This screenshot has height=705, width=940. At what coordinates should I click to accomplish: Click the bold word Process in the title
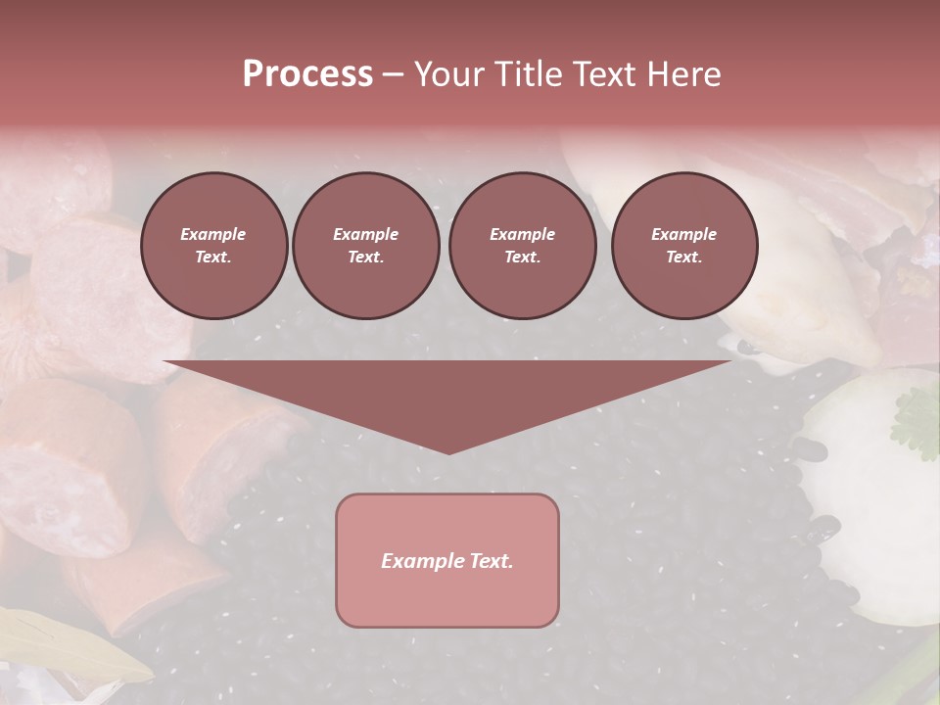pyautogui.click(x=307, y=73)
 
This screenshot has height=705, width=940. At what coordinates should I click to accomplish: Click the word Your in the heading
pyautogui.click(x=446, y=73)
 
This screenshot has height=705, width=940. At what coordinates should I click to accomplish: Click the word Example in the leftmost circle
pyautogui.click(x=213, y=234)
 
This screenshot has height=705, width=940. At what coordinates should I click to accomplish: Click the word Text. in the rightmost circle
pyautogui.click(x=684, y=257)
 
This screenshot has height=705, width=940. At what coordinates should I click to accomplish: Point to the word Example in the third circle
pyautogui.click(x=522, y=234)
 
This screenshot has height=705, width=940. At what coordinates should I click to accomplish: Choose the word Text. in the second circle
pyautogui.click(x=365, y=257)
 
